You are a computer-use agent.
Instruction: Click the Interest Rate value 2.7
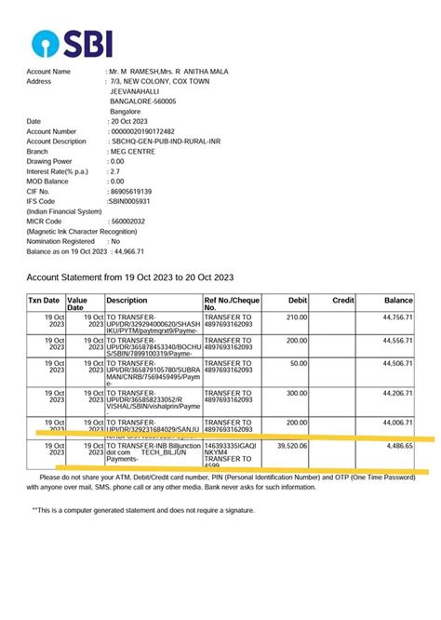(x=115, y=172)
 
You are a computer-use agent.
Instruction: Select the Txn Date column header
(x=44, y=301)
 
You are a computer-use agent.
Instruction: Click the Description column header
(x=127, y=301)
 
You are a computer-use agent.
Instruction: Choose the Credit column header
(x=343, y=301)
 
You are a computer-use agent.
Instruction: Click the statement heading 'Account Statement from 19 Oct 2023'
(x=130, y=277)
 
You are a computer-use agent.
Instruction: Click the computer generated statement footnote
(x=143, y=510)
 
